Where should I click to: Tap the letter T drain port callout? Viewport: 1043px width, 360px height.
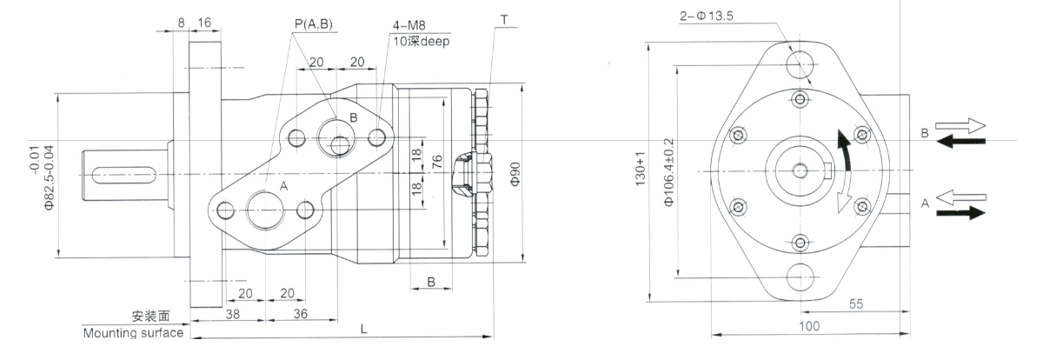pos(503,17)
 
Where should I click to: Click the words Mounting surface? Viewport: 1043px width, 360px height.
pos(133,333)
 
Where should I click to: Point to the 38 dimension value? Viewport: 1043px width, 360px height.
pos(209,314)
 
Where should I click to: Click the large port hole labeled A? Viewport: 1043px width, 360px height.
pos(264,210)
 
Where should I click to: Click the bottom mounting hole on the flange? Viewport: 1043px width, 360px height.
pos(801,277)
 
